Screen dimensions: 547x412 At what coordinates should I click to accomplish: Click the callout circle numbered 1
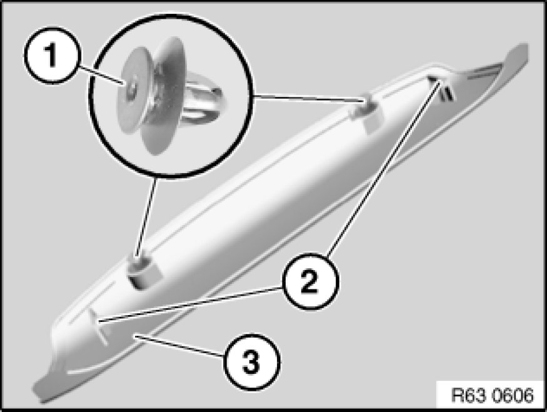tap(53, 55)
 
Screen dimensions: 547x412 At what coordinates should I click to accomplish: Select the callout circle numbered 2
tap(310, 281)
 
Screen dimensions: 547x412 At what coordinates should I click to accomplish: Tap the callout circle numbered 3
tap(252, 361)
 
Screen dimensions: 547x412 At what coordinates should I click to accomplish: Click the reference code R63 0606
tap(492, 396)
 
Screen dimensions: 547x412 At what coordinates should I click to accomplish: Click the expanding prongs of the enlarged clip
tap(203, 102)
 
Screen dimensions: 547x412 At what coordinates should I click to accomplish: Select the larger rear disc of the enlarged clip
tap(163, 96)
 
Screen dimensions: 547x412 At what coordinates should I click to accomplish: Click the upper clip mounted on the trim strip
tap(368, 110)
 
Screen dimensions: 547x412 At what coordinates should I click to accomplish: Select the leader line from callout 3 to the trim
tap(179, 346)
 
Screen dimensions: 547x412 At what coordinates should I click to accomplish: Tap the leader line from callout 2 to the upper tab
tap(383, 168)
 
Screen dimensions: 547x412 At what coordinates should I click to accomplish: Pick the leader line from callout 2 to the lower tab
tap(191, 304)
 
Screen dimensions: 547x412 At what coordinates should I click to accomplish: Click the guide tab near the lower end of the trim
tap(99, 326)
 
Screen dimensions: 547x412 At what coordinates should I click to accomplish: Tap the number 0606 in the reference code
tap(513, 396)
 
